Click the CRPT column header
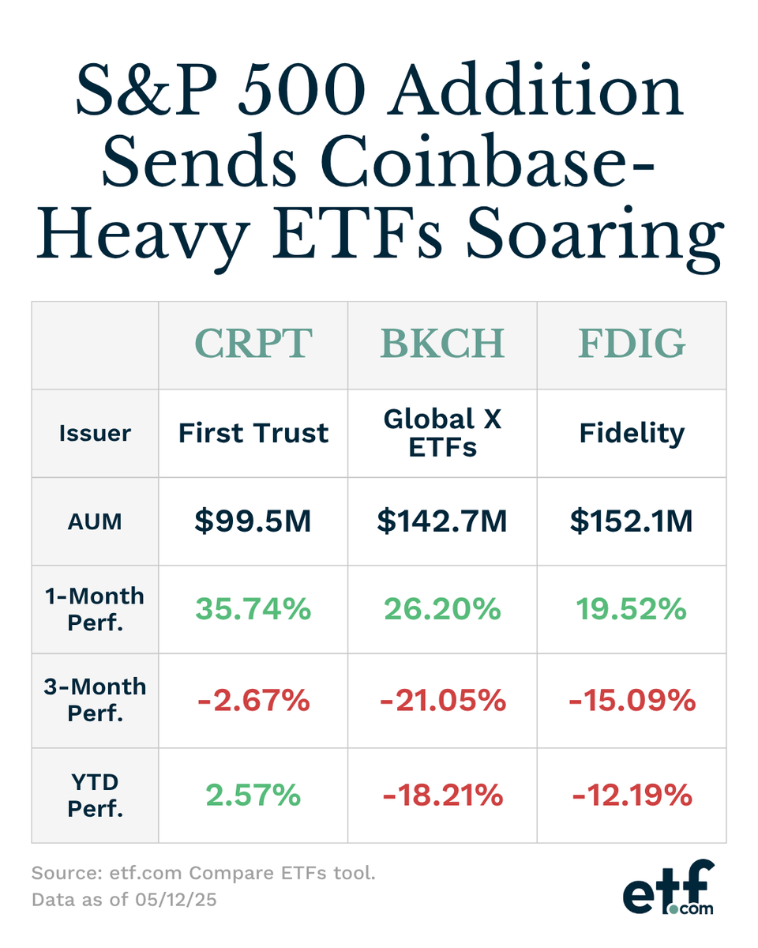point(253,344)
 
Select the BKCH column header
point(442,344)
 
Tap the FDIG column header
point(631,344)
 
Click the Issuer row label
point(95,433)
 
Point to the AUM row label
point(95,521)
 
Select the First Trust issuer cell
point(253,433)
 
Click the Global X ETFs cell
point(442,433)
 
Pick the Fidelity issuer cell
point(631,433)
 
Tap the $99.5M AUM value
point(253,521)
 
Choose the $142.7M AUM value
point(442,521)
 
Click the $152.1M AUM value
point(631,521)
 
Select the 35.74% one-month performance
point(253,609)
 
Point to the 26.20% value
point(442,609)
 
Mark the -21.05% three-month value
point(442,699)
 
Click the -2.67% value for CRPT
point(253,699)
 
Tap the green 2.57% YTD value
point(253,795)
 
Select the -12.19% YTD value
point(631,795)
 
